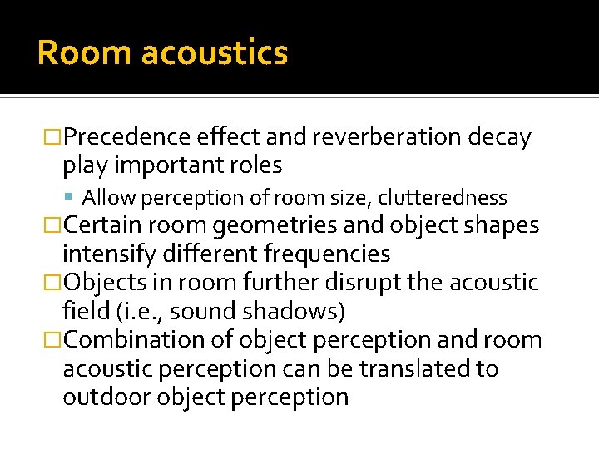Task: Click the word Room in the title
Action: point(84,52)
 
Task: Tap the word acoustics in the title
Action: point(215,52)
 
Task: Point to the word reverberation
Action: point(378,137)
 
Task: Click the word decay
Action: point(500,137)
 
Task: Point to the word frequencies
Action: point(329,254)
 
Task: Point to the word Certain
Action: point(106,225)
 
